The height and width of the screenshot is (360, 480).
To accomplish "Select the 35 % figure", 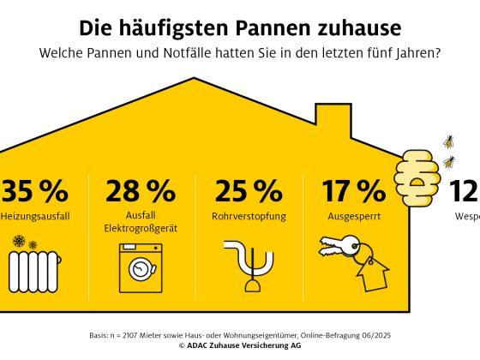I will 34,190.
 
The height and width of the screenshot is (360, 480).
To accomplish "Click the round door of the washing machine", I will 139,267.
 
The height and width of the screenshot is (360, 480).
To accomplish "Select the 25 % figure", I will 248,190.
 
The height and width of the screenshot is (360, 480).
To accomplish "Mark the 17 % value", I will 355,190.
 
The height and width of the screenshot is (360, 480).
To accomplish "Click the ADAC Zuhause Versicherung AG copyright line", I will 240,345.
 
